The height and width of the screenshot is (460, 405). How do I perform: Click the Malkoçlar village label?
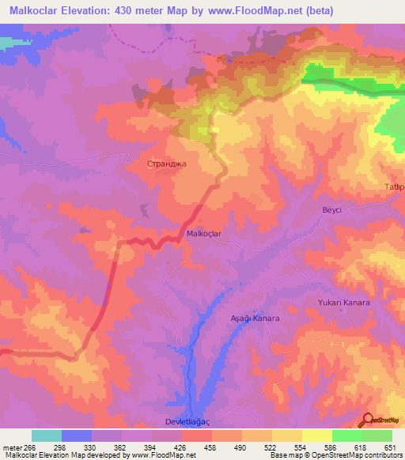click(207, 233)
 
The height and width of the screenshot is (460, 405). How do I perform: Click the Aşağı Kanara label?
click(255, 318)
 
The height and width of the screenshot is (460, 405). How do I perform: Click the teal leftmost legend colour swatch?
click(47, 435)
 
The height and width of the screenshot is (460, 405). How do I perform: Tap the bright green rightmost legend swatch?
click(377, 435)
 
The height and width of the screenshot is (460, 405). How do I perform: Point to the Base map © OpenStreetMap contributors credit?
click(333, 455)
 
